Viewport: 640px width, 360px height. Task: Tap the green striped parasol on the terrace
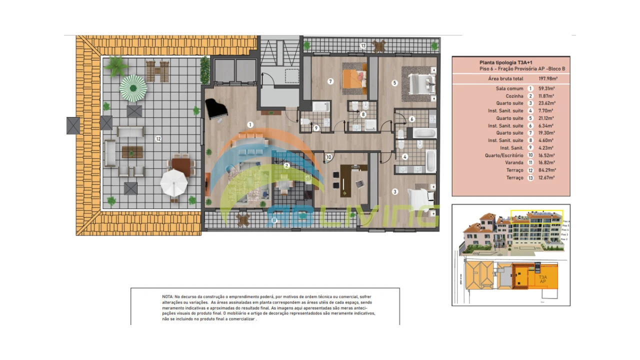click(133, 88)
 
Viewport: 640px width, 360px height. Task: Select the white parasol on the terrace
click(174, 183)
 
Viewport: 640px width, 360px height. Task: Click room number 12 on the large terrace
click(158, 138)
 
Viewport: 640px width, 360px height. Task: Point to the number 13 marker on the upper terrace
click(363, 46)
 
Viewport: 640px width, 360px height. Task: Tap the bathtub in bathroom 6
click(425, 133)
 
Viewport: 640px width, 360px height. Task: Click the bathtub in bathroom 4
click(430, 160)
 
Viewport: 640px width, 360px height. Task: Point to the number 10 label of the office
click(328, 157)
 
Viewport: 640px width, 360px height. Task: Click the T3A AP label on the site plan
click(542, 279)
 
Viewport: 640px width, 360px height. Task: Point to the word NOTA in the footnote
click(168, 296)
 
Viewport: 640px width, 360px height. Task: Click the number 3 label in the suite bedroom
click(394, 191)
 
